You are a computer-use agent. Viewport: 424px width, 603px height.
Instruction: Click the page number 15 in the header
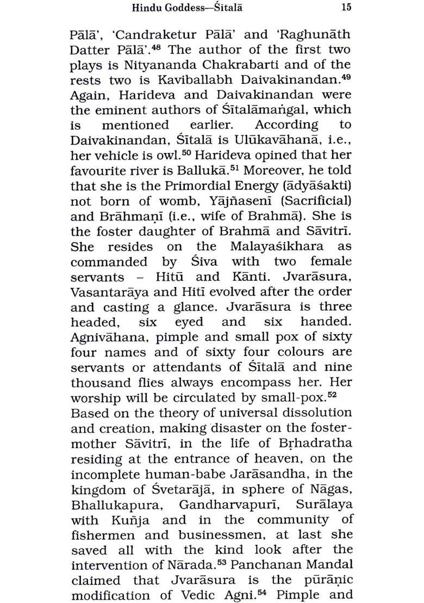pyautogui.click(x=346, y=7)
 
